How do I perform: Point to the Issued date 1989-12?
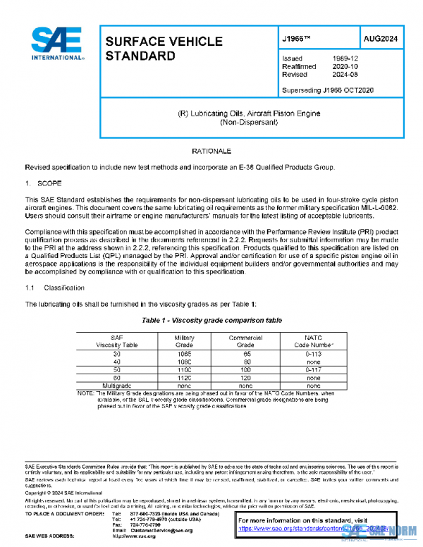click(344, 59)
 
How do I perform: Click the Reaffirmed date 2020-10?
click(344, 66)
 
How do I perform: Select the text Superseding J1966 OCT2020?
click(327, 90)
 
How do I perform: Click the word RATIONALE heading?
click(211, 152)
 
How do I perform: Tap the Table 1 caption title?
click(211, 320)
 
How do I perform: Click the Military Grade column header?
click(184, 342)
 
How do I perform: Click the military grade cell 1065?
click(184, 355)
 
